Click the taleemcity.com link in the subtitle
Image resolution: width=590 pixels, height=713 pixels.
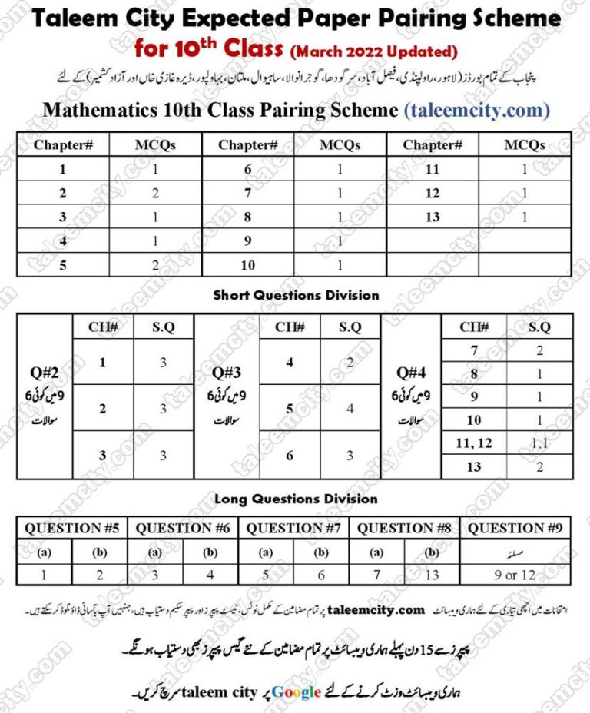pyautogui.click(x=477, y=110)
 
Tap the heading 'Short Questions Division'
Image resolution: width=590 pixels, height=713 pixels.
pyautogui.click(x=296, y=294)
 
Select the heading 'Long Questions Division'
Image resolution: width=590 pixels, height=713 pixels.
pyautogui.click(x=296, y=499)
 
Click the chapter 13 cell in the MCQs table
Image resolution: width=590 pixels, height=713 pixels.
pyautogui.click(x=433, y=217)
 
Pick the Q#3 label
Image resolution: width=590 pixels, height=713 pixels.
pyautogui.click(x=227, y=373)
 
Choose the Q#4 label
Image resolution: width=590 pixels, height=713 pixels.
pyautogui.click(x=411, y=373)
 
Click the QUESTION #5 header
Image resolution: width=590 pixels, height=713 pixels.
pyautogui.click(x=74, y=528)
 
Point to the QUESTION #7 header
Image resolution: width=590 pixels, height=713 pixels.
pyautogui.click(x=293, y=528)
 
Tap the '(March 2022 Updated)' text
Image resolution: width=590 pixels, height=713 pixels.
pyautogui.click(x=373, y=52)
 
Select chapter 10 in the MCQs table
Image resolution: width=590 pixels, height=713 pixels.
pyautogui.click(x=247, y=265)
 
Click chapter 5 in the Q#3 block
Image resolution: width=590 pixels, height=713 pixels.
pyautogui.click(x=290, y=409)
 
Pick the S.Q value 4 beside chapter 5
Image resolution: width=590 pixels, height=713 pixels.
pyautogui.click(x=350, y=409)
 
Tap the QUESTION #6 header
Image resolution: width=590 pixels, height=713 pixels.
pyautogui.click(x=184, y=528)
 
